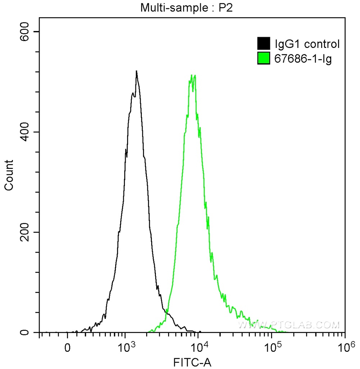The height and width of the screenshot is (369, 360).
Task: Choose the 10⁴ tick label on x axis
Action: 198,348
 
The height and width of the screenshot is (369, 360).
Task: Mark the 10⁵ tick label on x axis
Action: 271,348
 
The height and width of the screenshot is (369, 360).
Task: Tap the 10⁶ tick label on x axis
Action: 345,348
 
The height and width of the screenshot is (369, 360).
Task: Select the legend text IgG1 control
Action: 307,44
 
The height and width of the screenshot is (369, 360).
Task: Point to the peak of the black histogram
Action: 136,71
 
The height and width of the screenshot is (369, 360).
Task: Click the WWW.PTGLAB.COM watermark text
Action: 288,325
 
